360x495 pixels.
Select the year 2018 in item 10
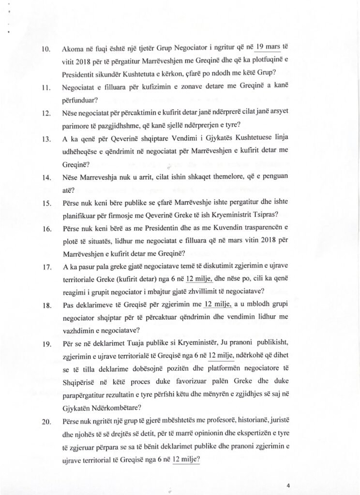[x=83, y=62]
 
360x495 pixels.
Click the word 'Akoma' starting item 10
[x=73, y=49]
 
